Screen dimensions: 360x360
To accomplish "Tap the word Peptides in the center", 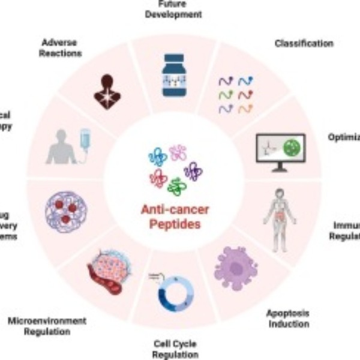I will click(174, 225).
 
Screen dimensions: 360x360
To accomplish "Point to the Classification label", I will click(304, 43).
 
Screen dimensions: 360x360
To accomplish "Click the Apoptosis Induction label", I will click(287, 318).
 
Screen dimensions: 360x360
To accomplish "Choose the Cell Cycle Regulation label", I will click(173, 349).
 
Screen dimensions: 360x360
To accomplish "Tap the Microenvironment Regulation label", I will click(47, 326).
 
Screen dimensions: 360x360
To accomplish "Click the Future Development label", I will click(173, 9).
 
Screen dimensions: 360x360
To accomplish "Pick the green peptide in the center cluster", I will click(176, 185).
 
